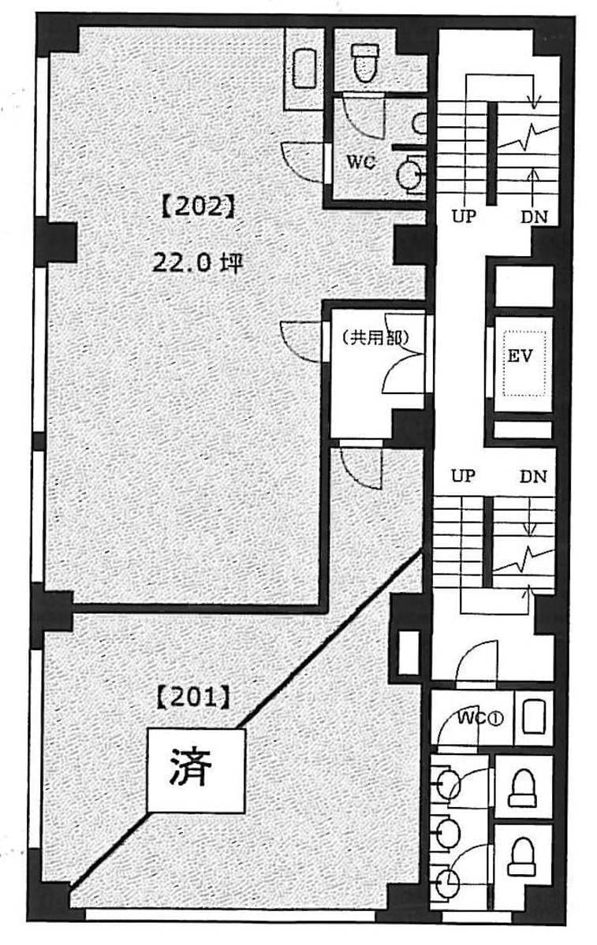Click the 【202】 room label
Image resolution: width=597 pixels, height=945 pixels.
198,207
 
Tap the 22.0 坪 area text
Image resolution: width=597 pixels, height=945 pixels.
197,262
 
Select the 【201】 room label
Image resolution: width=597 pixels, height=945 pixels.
193,698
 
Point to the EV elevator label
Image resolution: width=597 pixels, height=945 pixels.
520,355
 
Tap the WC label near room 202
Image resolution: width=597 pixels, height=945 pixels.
360,162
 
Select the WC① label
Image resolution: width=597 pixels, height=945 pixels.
480,718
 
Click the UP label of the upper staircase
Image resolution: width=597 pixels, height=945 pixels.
465,217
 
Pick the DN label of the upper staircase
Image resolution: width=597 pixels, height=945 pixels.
534,217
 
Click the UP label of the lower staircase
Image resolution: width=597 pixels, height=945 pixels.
463,476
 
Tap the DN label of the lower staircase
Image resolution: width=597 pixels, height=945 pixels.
533,477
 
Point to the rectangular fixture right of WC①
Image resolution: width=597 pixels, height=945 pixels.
533,716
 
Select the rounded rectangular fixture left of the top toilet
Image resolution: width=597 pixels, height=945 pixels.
304,68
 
